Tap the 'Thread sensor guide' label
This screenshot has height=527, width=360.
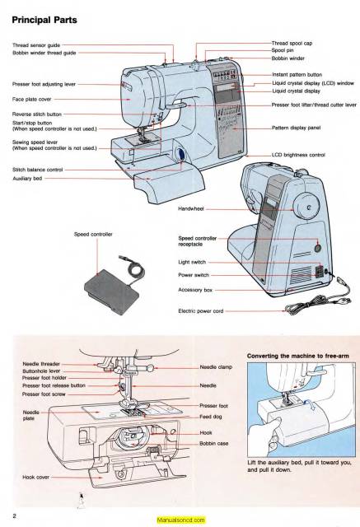click(35, 44)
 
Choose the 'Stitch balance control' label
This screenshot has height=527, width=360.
click(38, 169)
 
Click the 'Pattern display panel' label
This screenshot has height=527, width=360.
click(299, 128)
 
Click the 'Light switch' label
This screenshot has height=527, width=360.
click(194, 262)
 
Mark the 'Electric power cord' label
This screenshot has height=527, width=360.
click(203, 311)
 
